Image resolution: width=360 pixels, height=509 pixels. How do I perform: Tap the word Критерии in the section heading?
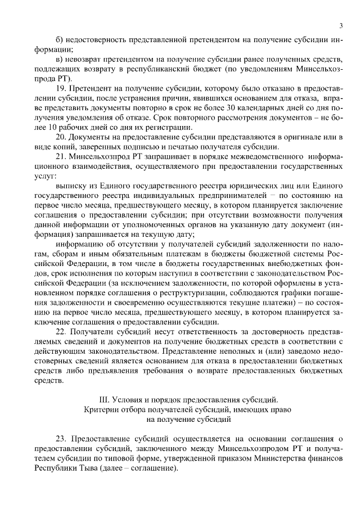coord(100,409)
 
